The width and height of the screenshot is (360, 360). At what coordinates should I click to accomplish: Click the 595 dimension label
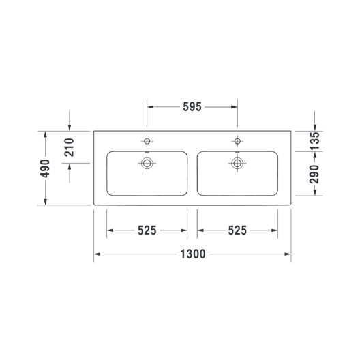pos(192,107)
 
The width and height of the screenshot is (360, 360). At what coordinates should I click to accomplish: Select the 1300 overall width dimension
pos(193,254)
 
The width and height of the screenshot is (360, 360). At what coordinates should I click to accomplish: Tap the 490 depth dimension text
pos(45,168)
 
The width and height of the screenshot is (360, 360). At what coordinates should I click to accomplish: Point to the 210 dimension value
pos(69,147)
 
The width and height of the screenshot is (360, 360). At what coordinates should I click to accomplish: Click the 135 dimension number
pos(314,141)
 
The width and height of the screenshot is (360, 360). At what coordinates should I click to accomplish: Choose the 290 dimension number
pos(314,174)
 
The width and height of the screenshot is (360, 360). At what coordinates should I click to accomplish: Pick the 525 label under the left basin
pos(147,230)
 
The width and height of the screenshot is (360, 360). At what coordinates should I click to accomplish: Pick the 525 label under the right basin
pos(237,230)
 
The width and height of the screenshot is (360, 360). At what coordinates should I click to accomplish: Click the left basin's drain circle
pos(147,163)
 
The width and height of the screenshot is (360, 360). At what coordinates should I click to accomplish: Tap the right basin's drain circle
pos(237,163)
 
